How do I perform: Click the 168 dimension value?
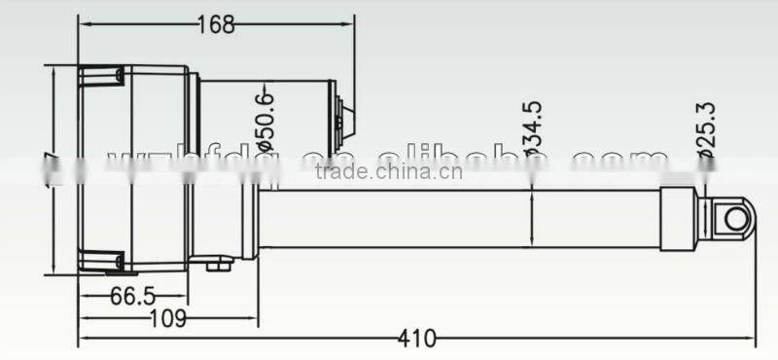click(215, 25)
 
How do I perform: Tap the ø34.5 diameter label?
click(531, 130)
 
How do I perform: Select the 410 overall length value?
click(417, 339)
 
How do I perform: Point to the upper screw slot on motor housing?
click(100, 75)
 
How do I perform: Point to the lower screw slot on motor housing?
click(100, 260)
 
